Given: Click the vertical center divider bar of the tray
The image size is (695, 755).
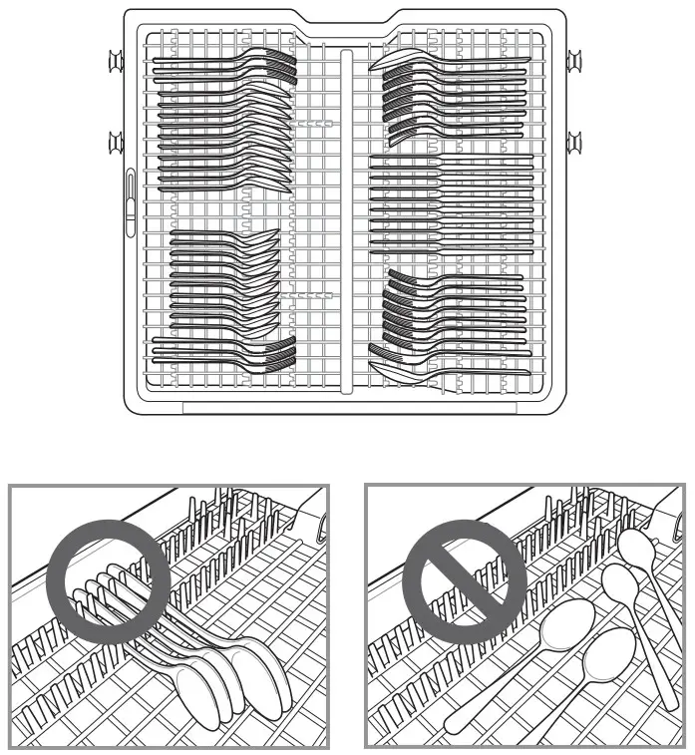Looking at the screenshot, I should [347, 219].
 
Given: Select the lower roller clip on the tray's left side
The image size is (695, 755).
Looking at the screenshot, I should [117, 144].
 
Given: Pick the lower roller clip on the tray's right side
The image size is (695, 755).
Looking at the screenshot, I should [575, 144].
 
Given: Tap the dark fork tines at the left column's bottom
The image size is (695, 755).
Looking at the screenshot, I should [282, 351].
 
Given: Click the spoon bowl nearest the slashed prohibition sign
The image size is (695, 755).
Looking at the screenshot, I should [563, 628].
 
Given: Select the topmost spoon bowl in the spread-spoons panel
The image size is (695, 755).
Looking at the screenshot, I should [634, 545].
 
